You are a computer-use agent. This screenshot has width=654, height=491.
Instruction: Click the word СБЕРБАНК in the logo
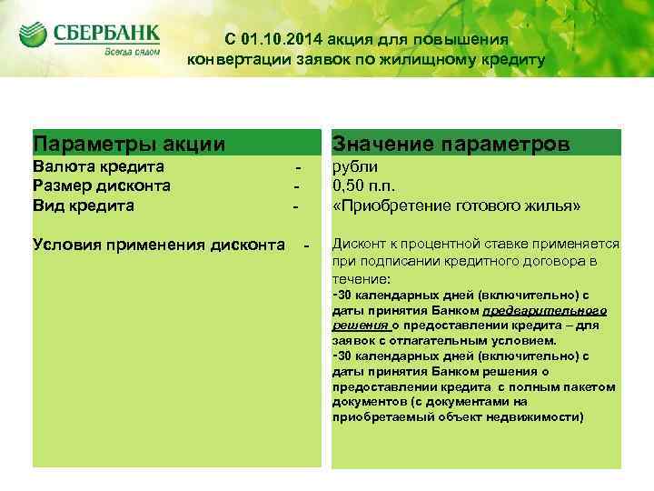point(106,34)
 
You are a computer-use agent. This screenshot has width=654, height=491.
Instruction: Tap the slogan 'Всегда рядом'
point(132,53)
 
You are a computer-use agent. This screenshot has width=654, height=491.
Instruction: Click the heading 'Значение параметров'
point(451,144)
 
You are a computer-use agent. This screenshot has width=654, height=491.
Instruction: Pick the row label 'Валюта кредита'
point(98,166)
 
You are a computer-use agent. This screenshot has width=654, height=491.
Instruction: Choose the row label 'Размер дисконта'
point(102,185)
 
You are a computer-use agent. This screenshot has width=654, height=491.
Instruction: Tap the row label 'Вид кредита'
point(83,205)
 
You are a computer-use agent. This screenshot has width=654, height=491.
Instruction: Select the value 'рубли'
point(356,166)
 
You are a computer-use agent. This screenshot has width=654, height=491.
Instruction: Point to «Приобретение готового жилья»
point(456,205)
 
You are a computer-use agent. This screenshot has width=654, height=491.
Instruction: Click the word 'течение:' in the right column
point(361,278)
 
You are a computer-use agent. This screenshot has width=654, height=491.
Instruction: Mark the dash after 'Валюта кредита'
point(296,167)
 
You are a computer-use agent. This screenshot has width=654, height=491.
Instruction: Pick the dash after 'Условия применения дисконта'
point(306,245)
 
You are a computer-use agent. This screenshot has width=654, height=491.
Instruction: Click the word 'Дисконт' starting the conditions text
point(360,244)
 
